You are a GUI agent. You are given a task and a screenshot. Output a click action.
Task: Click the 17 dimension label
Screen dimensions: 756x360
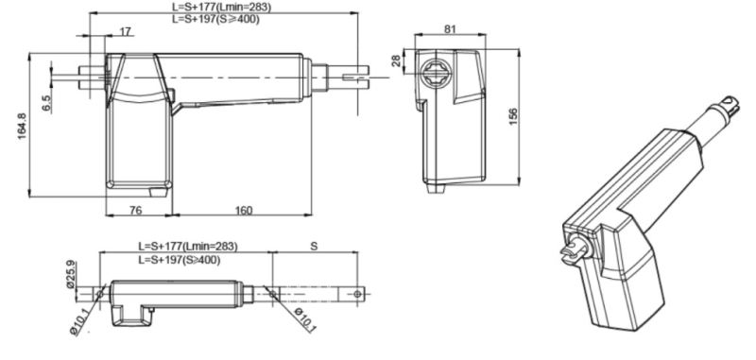[x=126, y=32]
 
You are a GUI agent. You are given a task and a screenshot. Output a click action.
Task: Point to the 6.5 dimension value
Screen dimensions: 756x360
[x=46, y=104]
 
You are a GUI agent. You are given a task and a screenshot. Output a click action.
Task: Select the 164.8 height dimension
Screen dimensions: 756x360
[x=23, y=127]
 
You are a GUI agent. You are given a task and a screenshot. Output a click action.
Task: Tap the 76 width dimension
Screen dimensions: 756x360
[x=136, y=210]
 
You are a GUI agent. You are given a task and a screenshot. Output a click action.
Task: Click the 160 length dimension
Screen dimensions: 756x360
[x=244, y=211]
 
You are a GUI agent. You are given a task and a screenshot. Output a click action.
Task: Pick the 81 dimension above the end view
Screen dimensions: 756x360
[x=450, y=29]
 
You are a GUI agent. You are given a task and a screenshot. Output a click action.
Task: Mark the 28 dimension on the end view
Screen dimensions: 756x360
[x=396, y=61]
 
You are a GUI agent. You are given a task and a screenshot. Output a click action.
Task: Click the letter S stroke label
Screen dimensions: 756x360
[x=314, y=247]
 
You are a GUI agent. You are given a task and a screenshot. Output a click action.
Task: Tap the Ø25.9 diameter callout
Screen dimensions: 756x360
[x=71, y=274]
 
